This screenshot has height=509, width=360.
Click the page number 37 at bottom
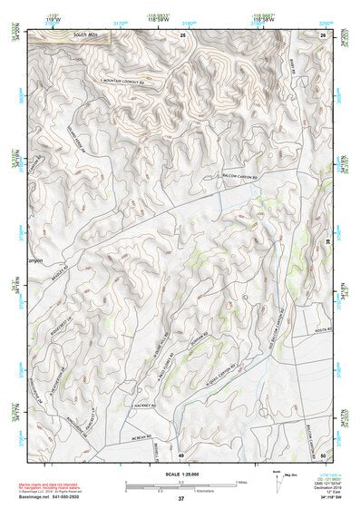tap(180, 499)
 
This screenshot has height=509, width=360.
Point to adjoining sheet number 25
tap(181, 34)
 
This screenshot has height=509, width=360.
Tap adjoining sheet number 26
tap(322, 34)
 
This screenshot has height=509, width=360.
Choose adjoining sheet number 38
tap(328, 242)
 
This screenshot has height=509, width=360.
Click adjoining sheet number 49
tap(180, 454)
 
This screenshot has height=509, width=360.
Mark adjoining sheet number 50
tap(323, 454)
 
